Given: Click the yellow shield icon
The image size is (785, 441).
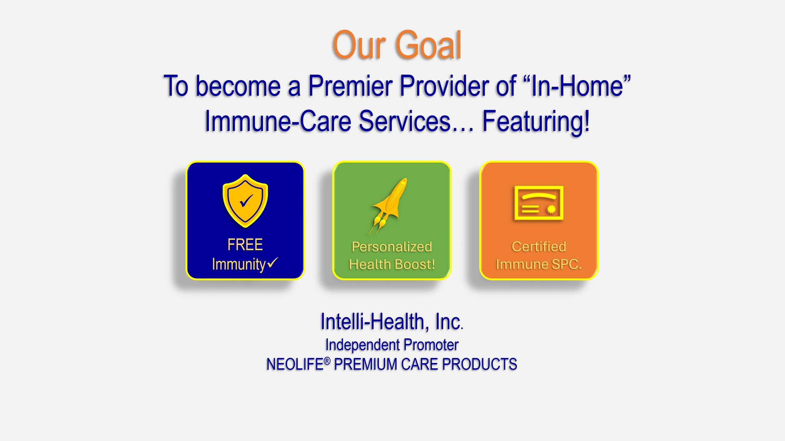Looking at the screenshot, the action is [x=245, y=201].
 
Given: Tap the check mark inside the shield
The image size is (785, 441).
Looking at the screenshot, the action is [x=246, y=201].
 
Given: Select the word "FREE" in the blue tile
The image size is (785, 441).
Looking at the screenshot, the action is [x=245, y=245].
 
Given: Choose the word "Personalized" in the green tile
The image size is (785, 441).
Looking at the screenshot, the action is [x=392, y=247].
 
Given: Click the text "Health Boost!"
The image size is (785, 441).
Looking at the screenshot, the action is [x=392, y=264].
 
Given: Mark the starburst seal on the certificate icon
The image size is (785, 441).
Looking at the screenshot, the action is [x=551, y=209].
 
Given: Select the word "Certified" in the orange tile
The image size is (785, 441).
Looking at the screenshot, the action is [x=539, y=247].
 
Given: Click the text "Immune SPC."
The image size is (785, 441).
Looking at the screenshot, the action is [x=539, y=264].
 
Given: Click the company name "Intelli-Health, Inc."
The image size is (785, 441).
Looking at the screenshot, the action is [x=392, y=322].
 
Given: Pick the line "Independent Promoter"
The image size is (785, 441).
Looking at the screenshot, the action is [x=392, y=345].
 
